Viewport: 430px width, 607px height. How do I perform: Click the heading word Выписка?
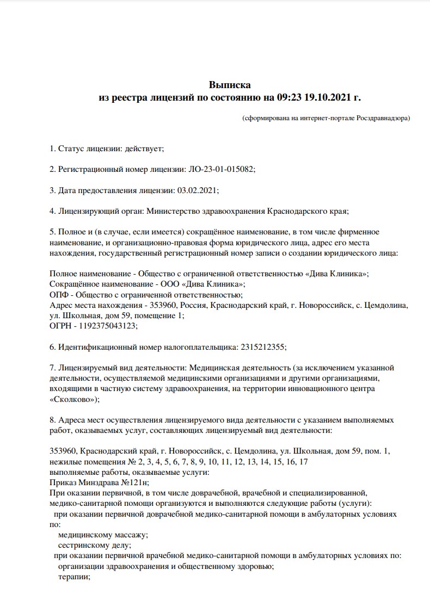tap(230, 85)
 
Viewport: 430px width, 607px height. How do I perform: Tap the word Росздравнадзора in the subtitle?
tap(383, 117)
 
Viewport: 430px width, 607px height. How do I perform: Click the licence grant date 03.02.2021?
tap(198, 190)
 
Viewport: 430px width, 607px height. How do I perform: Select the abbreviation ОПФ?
tap(57, 294)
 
